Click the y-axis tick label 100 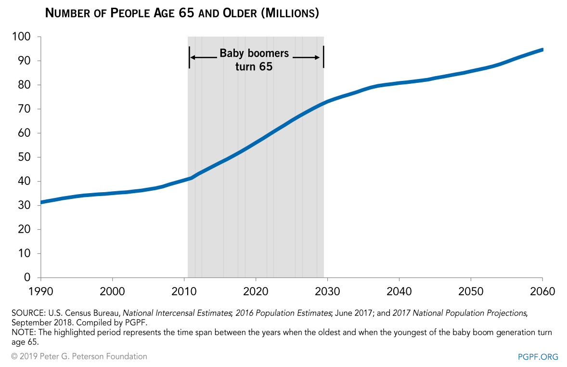21,37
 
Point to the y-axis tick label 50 24,157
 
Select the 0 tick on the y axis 27,277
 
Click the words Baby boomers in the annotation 254,53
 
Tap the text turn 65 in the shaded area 254,66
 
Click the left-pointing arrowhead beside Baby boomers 193,57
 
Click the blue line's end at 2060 542,50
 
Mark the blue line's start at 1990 42,202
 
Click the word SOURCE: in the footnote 26,313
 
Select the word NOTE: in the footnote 22,333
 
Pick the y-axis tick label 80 24,85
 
